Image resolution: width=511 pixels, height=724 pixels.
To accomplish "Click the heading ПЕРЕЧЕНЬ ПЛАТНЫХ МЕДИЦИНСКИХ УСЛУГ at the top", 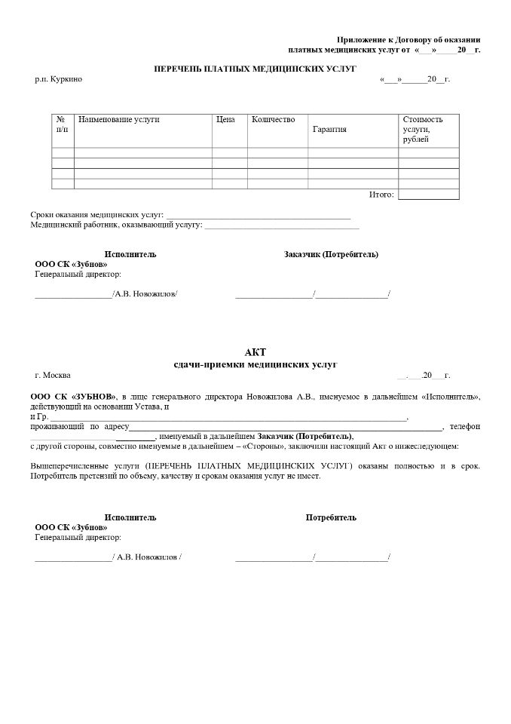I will click(x=255, y=69).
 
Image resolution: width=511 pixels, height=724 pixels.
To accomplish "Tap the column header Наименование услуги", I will click(x=119, y=119).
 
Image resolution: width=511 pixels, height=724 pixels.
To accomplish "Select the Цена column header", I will click(x=225, y=119).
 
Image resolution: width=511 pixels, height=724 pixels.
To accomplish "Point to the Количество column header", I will click(x=274, y=119).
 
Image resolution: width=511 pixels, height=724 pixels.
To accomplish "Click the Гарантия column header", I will click(x=329, y=130).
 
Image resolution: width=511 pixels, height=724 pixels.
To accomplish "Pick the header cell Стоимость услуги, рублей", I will click(x=423, y=130).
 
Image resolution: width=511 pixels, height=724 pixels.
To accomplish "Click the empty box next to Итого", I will click(x=428, y=195).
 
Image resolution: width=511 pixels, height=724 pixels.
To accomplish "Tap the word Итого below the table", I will click(x=381, y=195).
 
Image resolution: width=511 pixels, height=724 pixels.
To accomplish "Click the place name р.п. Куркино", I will click(x=58, y=79).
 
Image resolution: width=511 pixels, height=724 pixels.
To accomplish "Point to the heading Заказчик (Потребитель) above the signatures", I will click(x=331, y=254).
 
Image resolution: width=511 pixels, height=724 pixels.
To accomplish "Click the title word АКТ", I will click(x=255, y=352).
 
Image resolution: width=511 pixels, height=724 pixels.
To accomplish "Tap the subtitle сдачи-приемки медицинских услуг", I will click(x=255, y=364).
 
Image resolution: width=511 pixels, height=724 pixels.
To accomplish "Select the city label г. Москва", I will click(x=53, y=375).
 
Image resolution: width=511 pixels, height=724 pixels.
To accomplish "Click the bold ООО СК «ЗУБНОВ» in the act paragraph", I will click(x=73, y=396).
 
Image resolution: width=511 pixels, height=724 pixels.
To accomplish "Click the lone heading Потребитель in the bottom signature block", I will click(x=331, y=517).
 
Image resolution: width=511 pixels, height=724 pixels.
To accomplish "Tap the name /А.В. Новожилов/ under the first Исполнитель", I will click(x=145, y=293).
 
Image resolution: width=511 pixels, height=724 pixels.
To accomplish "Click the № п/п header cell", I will click(x=62, y=124).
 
